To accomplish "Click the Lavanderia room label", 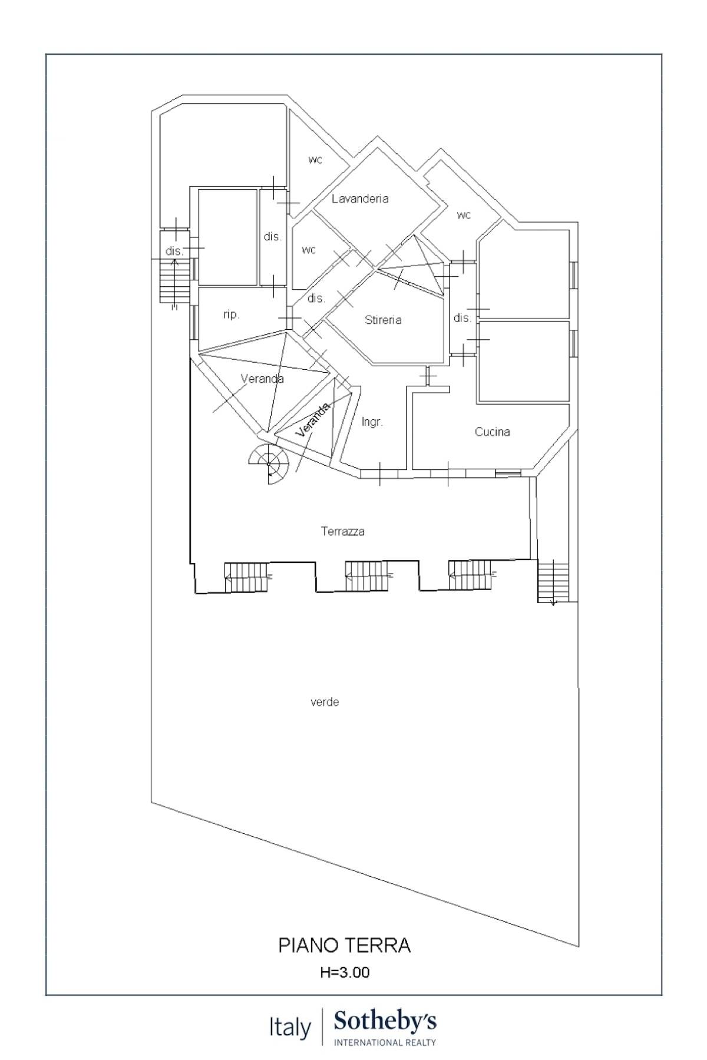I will (360, 198).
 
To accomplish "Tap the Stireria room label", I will (383, 320).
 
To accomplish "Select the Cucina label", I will (492, 432).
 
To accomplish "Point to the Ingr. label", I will (372, 422).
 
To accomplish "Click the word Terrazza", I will (342, 531).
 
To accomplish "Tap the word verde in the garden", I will (325, 702).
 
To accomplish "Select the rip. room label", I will (232, 314).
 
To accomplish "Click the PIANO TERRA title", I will (344, 945).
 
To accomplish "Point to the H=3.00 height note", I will (345, 972).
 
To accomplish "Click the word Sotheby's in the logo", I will (385, 1021).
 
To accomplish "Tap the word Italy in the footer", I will (290, 1028).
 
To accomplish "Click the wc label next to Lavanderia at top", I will (315, 160).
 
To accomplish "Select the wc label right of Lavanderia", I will (464, 215).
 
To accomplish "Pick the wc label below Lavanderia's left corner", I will (309, 250).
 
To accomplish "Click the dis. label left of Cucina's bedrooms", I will (462, 318).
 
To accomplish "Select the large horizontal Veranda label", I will (262, 379).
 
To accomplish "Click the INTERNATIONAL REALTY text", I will (385, 1042).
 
